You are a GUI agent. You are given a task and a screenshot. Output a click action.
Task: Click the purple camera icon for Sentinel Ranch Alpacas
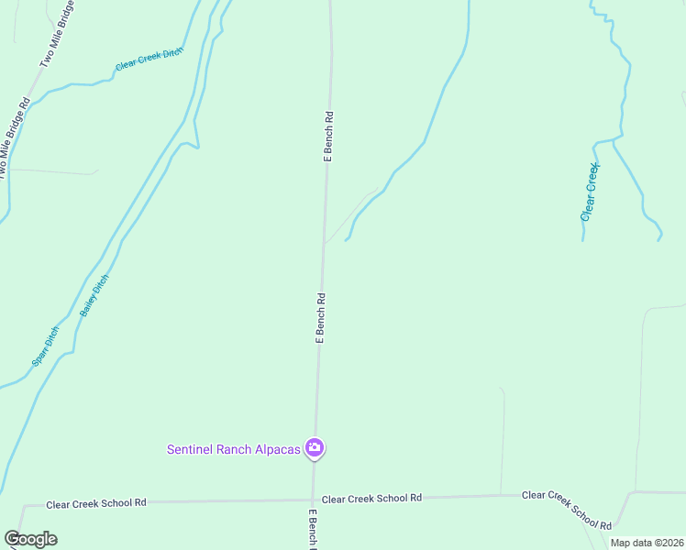pos(315,448)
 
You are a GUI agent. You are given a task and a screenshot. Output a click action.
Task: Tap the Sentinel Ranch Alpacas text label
pos(234,449)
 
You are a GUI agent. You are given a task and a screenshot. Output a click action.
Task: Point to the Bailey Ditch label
pos(94,295)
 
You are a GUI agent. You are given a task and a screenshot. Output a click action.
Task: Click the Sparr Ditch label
pos(45,346)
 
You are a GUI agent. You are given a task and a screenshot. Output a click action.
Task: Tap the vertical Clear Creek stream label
pos(590,192)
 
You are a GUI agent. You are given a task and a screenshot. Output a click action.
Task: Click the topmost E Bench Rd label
pos(327,137)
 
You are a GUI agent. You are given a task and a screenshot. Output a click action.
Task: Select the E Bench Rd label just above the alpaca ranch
pos(321,318)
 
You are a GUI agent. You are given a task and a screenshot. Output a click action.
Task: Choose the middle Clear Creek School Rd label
pos(371,497)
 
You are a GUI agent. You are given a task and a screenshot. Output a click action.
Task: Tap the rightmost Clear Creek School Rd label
pos(566,510)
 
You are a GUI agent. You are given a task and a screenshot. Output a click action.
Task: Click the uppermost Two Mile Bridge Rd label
pos(59,42)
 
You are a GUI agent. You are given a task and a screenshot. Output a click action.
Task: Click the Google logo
pos(30,539)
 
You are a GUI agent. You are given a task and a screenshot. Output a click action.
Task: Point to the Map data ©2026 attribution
pos(647,543)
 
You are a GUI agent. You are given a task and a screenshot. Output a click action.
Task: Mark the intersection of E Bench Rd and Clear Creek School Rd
pos(313,500)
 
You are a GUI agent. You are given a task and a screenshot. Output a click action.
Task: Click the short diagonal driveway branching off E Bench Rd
pos(349,217)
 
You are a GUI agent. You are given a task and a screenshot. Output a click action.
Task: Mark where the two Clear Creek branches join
pos(613,142)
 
